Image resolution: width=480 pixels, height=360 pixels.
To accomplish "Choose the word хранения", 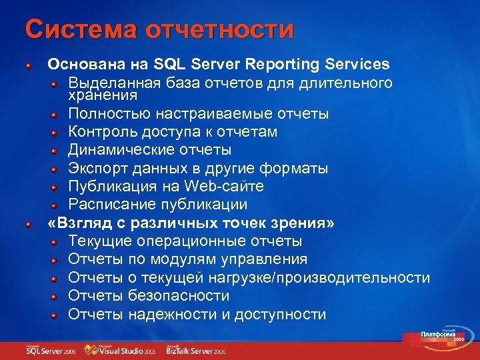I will (x=96, y=96).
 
